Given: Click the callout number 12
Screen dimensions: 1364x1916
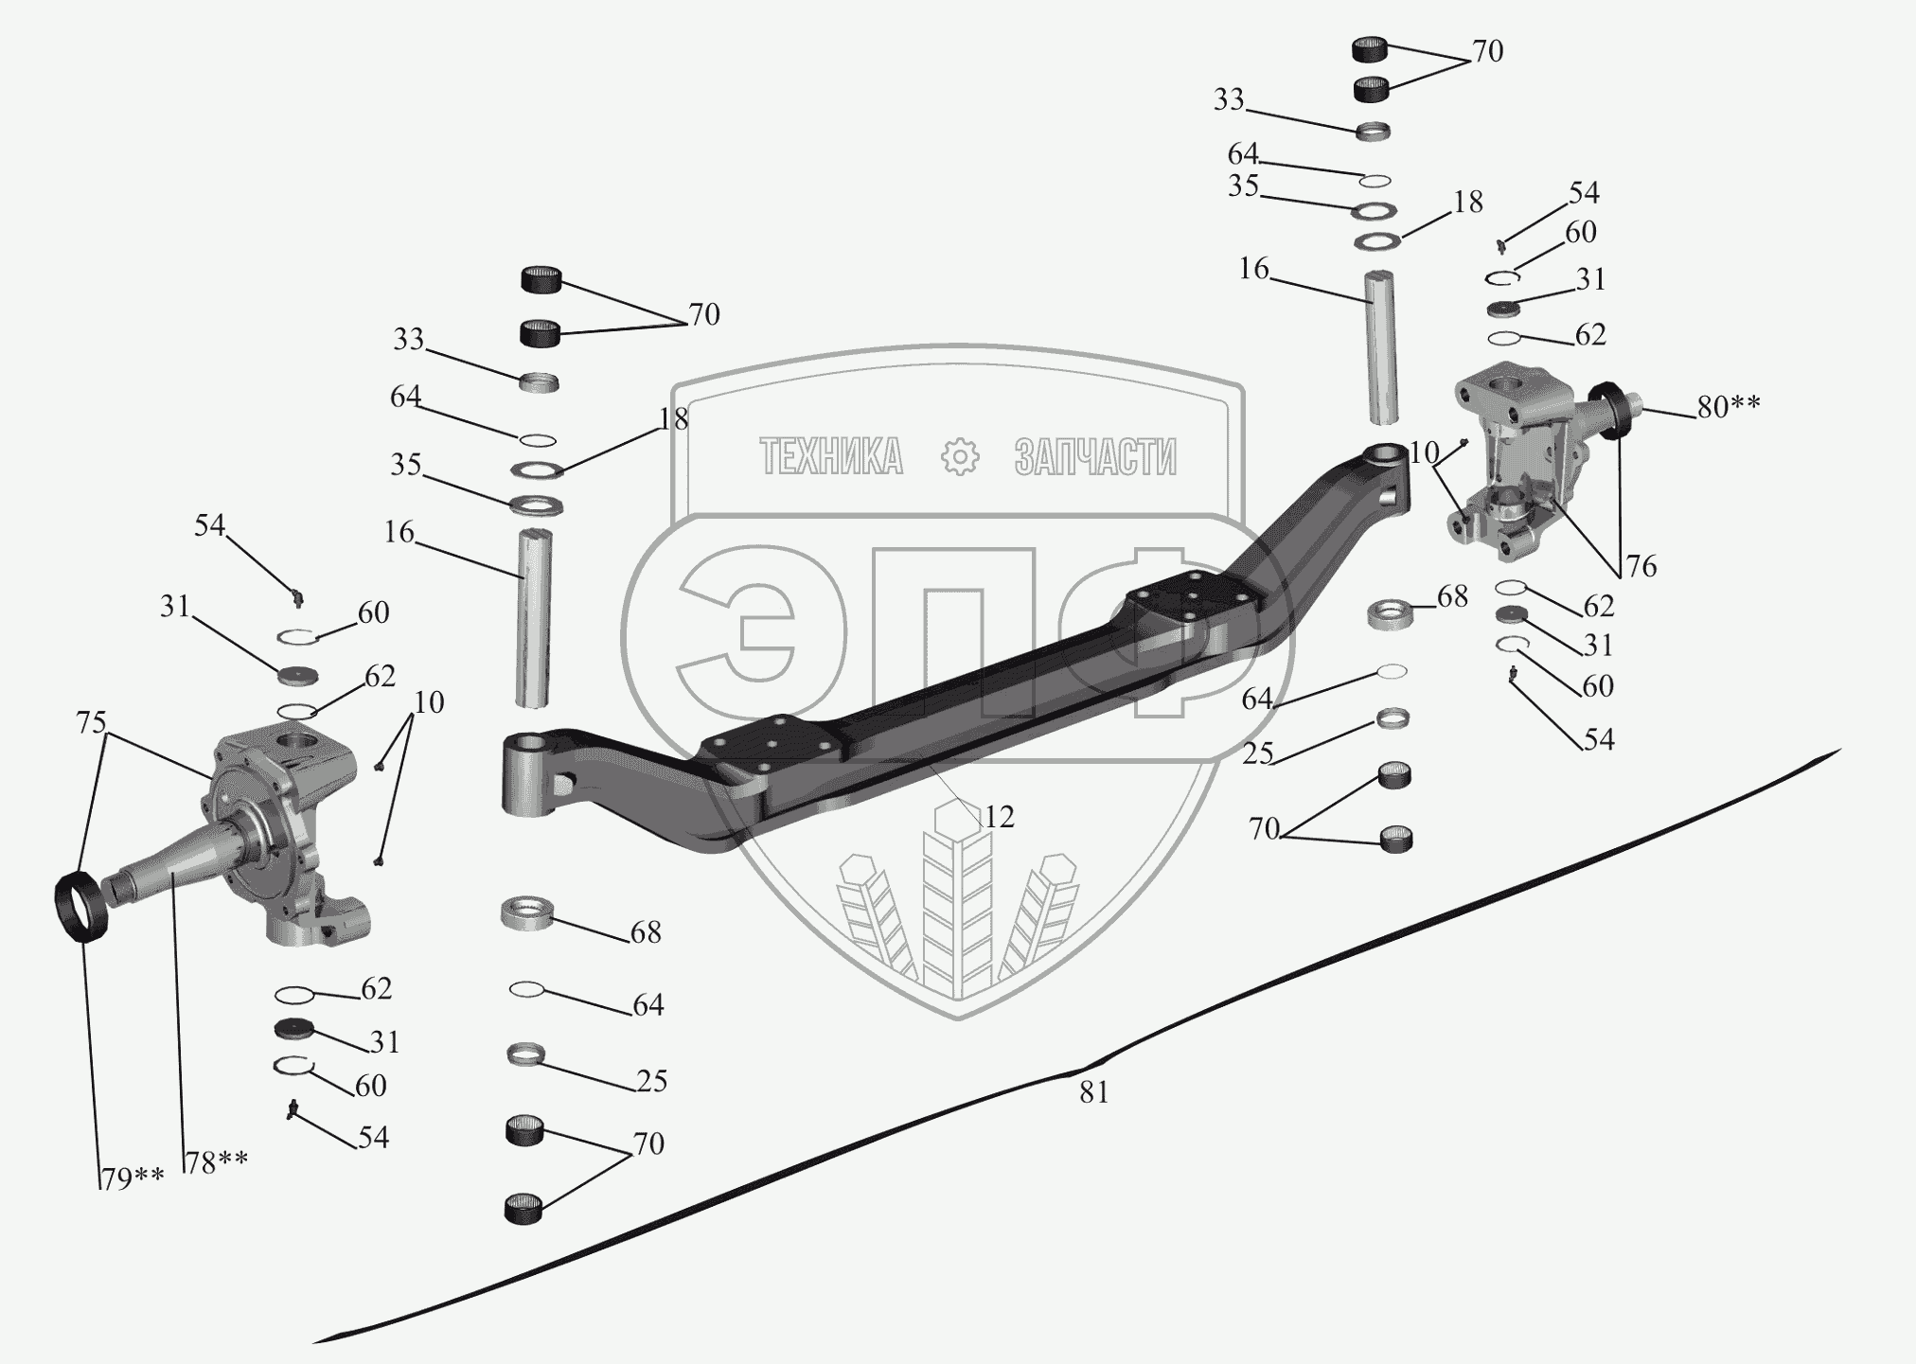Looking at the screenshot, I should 999,817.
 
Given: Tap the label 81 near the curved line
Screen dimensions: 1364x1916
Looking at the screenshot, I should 1093,1092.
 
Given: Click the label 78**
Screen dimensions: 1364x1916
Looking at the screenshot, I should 217,1161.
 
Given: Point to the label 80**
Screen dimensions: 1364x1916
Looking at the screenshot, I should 1729,407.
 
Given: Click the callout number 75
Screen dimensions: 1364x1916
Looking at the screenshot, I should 91,723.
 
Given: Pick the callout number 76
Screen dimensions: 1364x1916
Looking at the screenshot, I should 1641,566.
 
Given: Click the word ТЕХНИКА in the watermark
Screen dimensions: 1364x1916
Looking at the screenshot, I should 831,457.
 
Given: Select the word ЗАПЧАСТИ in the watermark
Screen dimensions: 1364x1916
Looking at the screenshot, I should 1095,457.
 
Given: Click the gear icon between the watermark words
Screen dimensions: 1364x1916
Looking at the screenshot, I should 960,457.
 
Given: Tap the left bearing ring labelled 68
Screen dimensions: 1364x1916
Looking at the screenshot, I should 526,915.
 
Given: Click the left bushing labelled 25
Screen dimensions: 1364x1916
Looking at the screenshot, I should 526,1054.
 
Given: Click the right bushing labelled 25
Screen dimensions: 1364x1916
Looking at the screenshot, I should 1392,718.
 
